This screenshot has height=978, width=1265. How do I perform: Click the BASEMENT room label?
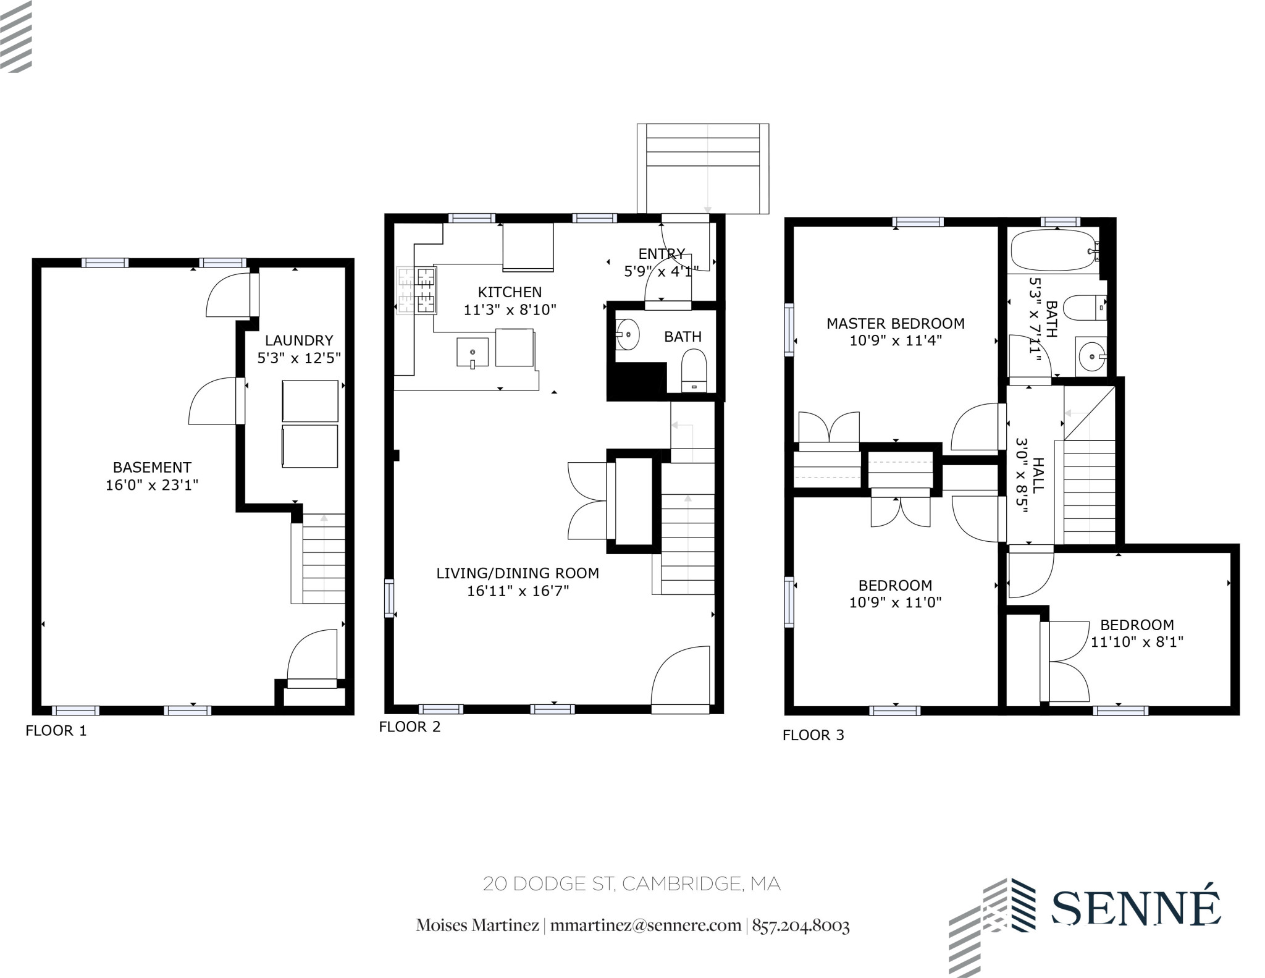[x=152, y=467]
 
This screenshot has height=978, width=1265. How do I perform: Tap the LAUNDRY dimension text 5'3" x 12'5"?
[x=299, y=358]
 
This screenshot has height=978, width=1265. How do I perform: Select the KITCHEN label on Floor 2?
[x=510, y=292]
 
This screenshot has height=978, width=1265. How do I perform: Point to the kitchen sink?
[x=473, y=352]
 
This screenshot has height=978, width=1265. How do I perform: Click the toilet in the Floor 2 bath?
[x=694, y=369]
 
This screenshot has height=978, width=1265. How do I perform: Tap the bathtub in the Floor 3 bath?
[x=1053, y=250]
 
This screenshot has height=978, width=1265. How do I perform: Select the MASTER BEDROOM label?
[x=895, y=323]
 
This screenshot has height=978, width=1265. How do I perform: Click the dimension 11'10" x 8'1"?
[x=1137, y=642]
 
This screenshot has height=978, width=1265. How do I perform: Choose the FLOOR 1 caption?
[x=56, y=731]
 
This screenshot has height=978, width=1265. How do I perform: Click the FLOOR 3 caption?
[x=813, y=735]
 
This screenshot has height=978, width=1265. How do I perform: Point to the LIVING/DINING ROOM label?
[x=518, y=573]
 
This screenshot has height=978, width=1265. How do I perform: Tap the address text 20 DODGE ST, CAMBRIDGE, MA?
[x=632, y=884]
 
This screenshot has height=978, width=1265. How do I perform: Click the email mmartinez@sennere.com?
[x=645, y=925]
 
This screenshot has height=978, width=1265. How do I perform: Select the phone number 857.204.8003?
[x=801, y=925]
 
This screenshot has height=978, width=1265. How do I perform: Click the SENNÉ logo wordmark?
[x=1135, y=908]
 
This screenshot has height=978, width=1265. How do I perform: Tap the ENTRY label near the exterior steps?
[x=662, y=254]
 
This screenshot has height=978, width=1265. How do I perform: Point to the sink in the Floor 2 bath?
[x=628, y=335]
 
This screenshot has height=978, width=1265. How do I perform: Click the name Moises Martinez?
[x=477, y=925]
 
